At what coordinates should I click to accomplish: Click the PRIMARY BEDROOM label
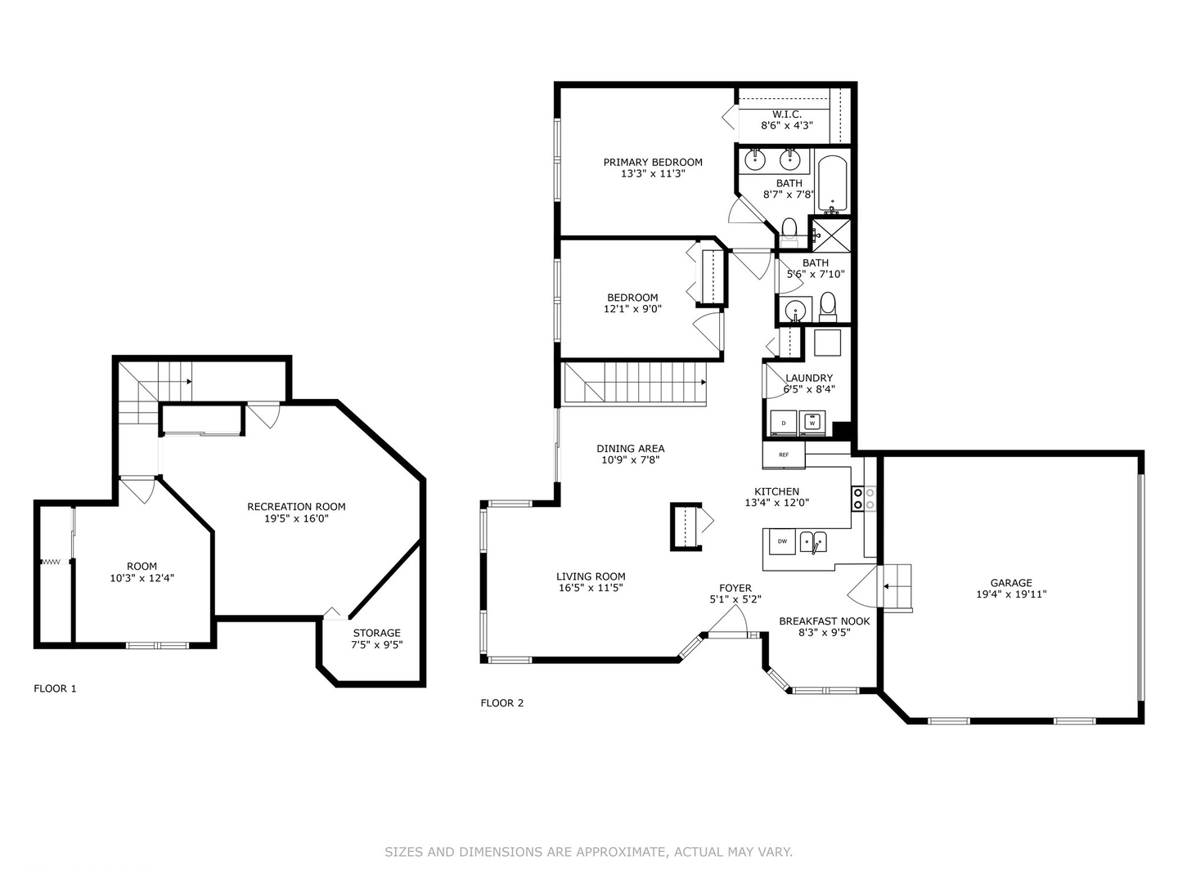(653, 162)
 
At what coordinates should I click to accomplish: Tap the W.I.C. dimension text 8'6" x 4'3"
(786, 126)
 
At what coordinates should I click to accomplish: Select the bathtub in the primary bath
(832, 183)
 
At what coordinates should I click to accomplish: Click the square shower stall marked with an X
(830, 234)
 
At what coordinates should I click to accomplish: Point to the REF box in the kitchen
(784, 455)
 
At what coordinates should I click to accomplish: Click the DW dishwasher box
(781, 541)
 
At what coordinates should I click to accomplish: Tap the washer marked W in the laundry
(812, 423)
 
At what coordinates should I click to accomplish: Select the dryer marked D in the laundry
(784, 423)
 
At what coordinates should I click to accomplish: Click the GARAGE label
(1012, 583)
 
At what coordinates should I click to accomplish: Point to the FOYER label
(735, 588)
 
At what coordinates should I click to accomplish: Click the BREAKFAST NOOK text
(824, 621)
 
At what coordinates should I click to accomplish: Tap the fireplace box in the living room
(686, 527)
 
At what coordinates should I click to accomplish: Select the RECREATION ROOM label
(296, 507)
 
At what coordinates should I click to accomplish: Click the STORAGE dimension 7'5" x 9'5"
(377, 644)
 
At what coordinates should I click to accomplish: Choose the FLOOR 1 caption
(55, 688)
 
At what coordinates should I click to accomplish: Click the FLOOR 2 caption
(501, 703)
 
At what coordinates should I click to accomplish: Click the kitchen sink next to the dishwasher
(813, 541)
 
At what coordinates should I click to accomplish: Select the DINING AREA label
(630, 448)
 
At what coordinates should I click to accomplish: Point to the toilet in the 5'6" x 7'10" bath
(828, 305)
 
